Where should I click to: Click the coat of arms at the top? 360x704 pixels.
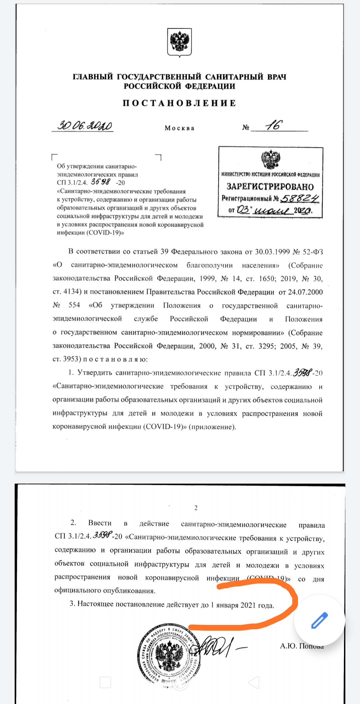[179, 42]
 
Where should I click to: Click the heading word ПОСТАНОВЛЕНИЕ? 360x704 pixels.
[179, 103]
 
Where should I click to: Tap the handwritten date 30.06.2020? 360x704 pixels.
[85, 126]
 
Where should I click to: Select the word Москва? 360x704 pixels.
[179, 128]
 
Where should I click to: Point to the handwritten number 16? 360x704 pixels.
[274, 125]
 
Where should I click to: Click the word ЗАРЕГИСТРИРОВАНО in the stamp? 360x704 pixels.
[270, 186]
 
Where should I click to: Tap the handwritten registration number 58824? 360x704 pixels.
[300, 199]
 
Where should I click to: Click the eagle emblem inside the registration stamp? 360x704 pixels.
[270, 160]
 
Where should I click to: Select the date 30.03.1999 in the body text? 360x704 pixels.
[272, 252]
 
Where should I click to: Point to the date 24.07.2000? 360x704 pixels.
[305, 292]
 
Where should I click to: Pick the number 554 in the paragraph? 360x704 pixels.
[74, 305]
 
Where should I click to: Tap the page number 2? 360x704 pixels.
[196, 508]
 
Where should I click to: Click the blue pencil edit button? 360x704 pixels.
[319, 621]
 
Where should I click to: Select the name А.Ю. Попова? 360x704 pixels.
[302, 646]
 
